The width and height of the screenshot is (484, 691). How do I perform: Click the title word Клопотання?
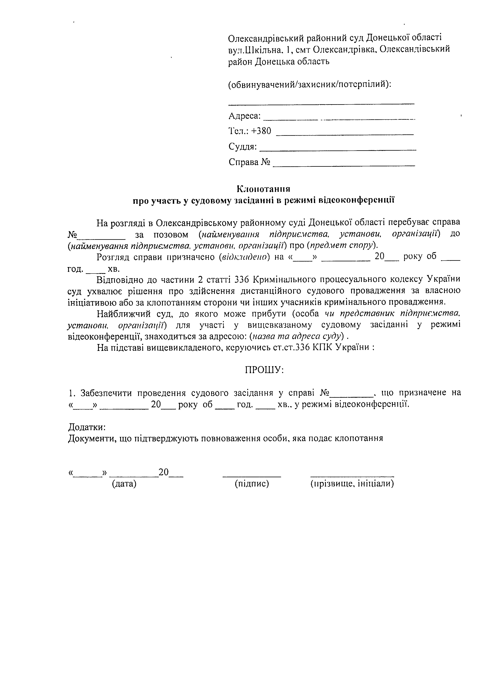coord(263,189)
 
